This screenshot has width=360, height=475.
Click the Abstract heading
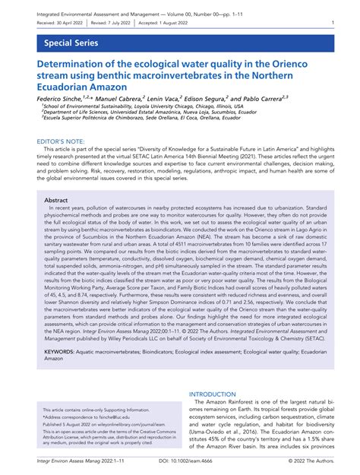pyautogui.click(x=58, y=200)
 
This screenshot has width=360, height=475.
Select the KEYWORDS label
pyautogui.click(x=65, y=353)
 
